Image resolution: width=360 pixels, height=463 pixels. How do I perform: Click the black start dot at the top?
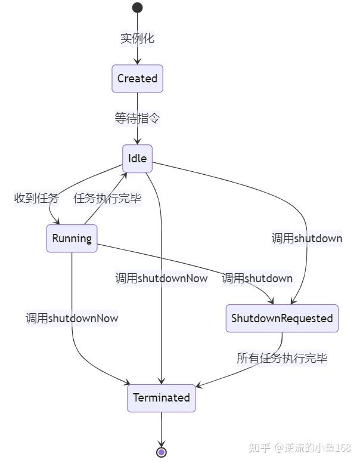point(137,8)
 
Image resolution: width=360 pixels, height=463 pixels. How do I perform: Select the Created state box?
point(137,79)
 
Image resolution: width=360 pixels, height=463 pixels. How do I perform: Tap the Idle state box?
point(137,159)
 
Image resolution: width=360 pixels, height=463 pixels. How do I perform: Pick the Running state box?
point(72,239)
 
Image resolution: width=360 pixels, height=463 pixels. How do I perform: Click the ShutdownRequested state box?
point(282,318)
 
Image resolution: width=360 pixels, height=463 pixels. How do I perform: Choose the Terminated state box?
point(162,398)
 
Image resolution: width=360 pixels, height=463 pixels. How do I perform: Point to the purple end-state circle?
point(162,452)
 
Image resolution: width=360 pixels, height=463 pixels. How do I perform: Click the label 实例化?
point(137,38)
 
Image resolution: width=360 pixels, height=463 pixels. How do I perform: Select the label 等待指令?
point(137,118)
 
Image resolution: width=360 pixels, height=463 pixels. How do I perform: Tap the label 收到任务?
point(37,198)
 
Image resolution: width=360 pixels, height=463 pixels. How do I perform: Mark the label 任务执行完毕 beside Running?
point(107,198)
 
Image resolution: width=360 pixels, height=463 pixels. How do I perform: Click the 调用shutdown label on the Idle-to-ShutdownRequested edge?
point(307,239)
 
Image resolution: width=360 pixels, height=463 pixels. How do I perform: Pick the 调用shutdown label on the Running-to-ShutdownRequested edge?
point(257,278)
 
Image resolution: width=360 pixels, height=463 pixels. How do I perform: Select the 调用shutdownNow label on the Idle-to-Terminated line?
point(162,278)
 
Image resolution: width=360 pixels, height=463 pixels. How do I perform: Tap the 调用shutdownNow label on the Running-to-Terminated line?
point(72,318)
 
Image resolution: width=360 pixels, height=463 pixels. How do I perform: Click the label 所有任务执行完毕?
point(282,358)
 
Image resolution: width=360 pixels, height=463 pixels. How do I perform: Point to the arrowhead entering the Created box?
point(137,61)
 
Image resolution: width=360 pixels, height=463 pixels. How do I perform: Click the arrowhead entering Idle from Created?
point(137,141)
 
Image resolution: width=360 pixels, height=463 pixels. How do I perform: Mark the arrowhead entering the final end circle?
point(162,443)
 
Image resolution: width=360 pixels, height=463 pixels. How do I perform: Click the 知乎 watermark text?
point(260,448)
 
